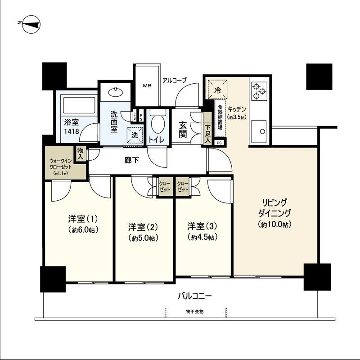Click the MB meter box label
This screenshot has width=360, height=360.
147,85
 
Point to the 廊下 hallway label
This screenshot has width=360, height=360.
130,160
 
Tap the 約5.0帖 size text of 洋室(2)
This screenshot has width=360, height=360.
143,237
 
